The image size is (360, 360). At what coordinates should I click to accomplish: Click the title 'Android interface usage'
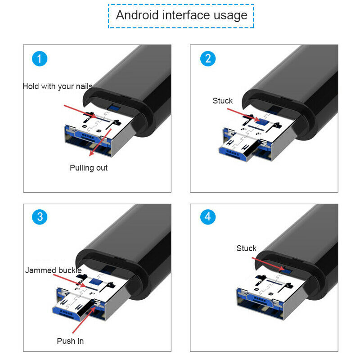pos(181,15)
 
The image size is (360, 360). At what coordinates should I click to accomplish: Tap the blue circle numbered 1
pos(40,58)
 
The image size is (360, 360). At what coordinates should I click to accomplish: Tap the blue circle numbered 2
pos(208,58)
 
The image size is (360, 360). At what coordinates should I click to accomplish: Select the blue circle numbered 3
pos(40,217)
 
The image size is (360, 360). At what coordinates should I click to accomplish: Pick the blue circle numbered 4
pos(208,217)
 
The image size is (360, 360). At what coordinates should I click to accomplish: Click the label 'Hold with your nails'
pos(58,86)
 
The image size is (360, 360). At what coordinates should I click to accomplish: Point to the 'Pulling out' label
pos(89,168)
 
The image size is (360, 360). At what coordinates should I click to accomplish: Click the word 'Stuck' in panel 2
pos(222,100)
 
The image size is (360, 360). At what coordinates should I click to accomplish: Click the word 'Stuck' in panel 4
pos(246,248)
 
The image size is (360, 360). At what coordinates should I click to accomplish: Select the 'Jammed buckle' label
pos(53,270)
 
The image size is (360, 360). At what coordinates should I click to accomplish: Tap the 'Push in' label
pos(70,341)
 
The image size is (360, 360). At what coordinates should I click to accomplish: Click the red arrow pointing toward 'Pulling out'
pos(100,142)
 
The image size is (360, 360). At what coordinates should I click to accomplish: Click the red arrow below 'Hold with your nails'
pos(81,111)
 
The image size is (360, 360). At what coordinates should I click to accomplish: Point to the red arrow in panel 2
pos(243,115)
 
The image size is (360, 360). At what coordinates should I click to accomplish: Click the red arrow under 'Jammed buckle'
pos(69,280)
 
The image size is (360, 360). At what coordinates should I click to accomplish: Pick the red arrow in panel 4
pos(268,264)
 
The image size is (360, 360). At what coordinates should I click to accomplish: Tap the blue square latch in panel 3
pos(94,281)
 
